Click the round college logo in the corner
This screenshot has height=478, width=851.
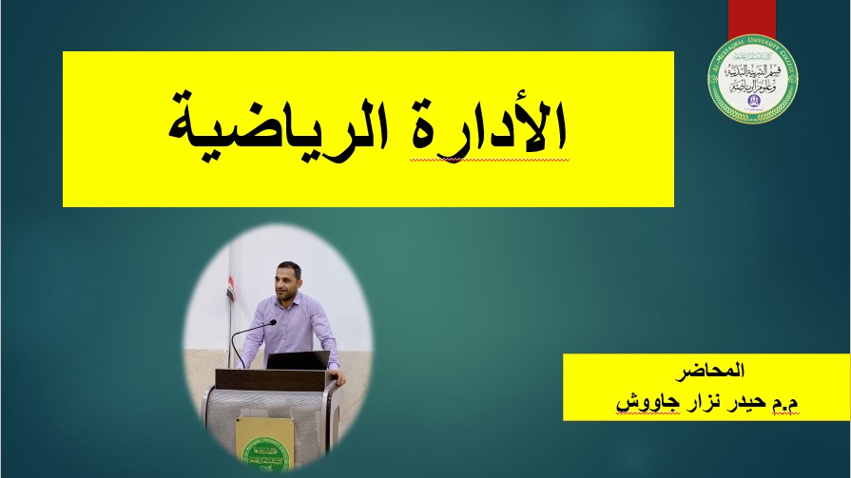[x=753, y=79]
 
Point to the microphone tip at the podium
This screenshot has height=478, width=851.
[x=272, y=322]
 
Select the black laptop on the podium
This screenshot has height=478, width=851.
[x=298, y=360]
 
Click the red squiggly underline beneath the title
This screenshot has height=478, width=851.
[x=490, y=161]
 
